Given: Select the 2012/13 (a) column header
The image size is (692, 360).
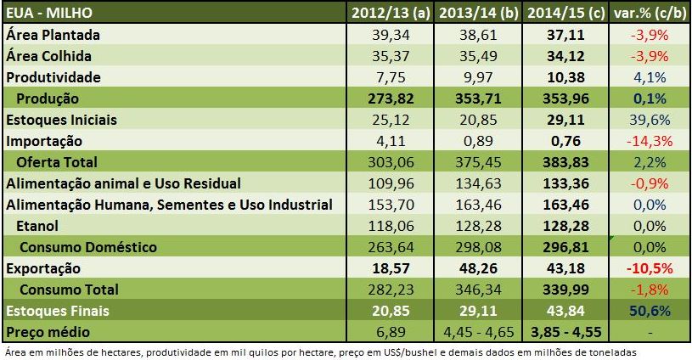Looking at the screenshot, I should pos(390,13).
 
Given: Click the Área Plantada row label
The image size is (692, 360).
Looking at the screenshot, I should pos(53,35).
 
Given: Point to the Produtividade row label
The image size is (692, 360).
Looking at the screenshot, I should pos(54,77).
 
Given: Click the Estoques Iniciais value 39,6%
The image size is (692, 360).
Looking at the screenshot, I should pos(654,120).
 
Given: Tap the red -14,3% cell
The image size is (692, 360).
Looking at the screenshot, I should pos(653,141).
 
